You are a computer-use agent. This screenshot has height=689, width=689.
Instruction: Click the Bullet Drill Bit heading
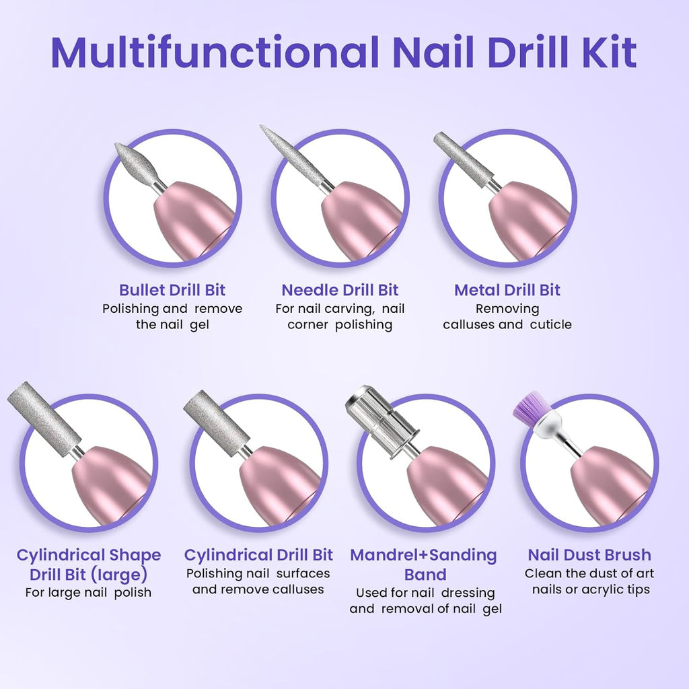(172, 290)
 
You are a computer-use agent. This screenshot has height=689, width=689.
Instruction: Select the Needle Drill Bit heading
(340, 290)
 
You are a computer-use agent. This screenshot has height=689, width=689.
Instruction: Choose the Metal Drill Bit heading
(507, 290)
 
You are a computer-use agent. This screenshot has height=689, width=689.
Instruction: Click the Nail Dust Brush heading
(589, 555)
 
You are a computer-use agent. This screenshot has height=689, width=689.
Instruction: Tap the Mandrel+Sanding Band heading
(423, 565)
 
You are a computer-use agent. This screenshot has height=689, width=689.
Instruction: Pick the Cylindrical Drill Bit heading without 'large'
(258, 555)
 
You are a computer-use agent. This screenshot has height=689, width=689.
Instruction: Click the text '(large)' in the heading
(118, 575)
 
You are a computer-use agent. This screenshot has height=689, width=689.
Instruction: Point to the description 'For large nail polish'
(88, 593)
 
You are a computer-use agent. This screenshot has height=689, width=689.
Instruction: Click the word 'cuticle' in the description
(550, 324)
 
